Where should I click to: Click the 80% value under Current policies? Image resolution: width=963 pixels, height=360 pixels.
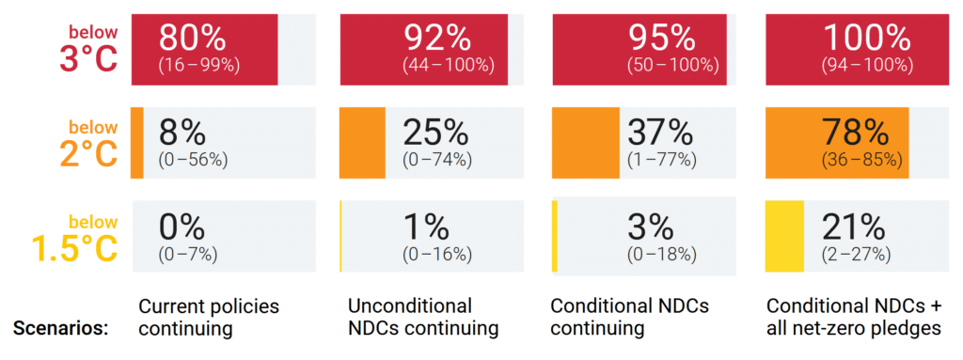click(x=192, y=39)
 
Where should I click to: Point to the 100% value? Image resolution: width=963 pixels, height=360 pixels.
click(x=866, y=39)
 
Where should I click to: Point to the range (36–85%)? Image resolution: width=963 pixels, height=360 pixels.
click(x=861, y=160)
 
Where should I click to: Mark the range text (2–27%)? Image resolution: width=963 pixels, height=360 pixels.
click(x=855, y=254)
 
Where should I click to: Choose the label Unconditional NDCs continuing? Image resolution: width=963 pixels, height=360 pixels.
click(x=422, y=318)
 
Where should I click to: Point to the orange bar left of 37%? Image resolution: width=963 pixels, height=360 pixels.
click(x=585, y=142)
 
